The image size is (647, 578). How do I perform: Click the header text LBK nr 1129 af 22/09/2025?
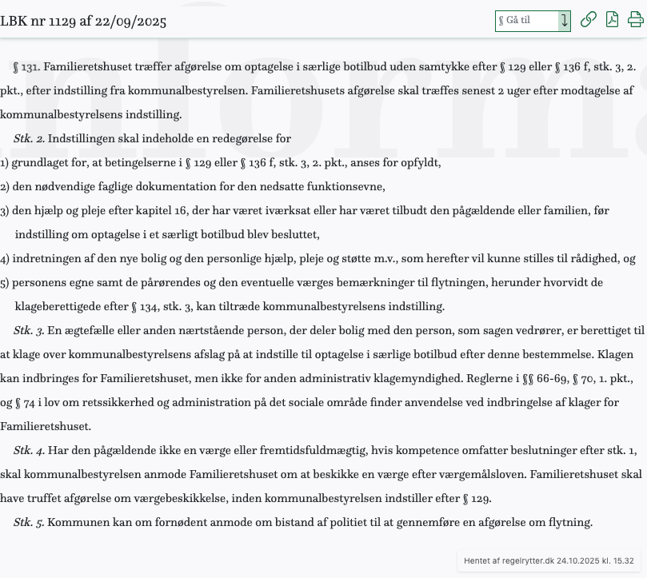coord(83,21)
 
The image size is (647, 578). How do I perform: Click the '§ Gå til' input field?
coord(526,21)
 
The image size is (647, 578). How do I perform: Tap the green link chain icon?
coord(588,20)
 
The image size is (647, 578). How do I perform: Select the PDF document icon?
coord(612,20)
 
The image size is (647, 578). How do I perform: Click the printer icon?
coord(636,20)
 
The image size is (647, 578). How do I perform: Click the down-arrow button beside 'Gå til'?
coord(564,21)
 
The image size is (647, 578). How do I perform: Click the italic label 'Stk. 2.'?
coord(29,139)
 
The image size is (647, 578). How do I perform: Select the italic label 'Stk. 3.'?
coord(29,331)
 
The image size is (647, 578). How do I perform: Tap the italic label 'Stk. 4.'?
coord(29,451)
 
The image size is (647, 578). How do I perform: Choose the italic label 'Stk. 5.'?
coord(29,523)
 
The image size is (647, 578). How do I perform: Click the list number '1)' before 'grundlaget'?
coord(5,163)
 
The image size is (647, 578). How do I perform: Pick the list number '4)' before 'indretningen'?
coord(5,259)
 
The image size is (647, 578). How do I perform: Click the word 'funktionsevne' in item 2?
coord(349,187)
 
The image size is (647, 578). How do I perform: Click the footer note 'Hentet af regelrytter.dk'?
coord(509,561)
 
